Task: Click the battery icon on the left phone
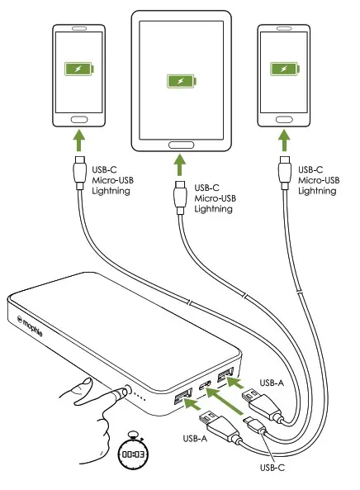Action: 79,71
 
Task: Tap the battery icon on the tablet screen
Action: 178,81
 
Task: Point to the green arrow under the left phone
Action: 79,141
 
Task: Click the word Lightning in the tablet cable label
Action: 213,210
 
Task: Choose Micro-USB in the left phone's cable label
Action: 113,180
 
